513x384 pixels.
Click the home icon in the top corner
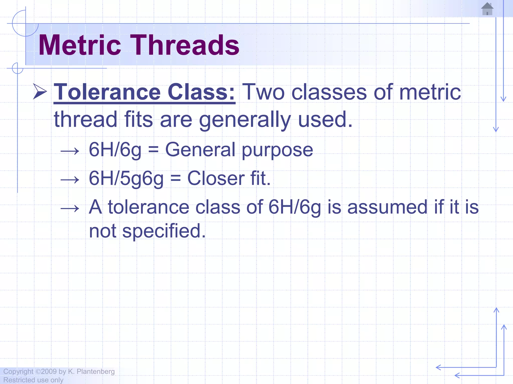coord(487,9)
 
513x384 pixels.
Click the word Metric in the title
coord(80,45)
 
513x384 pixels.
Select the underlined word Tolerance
coord(107,92)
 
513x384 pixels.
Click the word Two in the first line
coord(263,92)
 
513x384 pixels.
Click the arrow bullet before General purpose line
coord(70,151)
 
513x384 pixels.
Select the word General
coord(200,150)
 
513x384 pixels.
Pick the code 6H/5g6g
coord(126,179)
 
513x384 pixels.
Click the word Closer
coord(216,178)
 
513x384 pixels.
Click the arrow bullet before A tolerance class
coord(70,208)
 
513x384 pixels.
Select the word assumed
coord(387,207)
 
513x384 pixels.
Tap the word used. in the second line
coord(325,119)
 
